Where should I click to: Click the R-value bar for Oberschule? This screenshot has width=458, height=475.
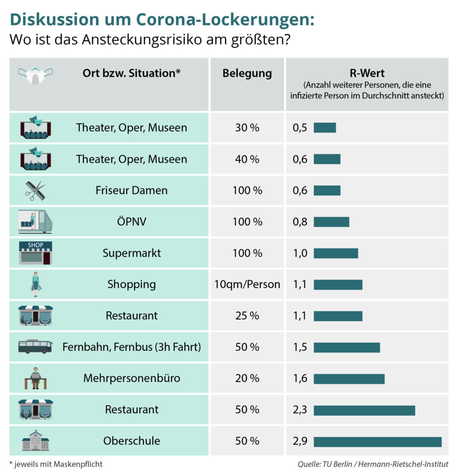(x=377, y=442)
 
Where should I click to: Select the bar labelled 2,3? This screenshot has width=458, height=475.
(x=364, y=410)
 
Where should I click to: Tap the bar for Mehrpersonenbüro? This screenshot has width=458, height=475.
(x=349, y=379)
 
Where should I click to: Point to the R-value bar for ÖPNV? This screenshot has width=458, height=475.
(x=331, y=222)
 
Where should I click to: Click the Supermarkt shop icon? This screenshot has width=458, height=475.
(x=35, y=253)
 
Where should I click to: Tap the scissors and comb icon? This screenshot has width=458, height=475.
(x=35, y=190)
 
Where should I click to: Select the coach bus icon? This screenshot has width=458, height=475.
(x=35, y=347)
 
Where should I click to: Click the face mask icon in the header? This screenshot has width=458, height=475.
(x=35, y=75)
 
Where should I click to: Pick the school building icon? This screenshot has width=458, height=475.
(x=35, y=441)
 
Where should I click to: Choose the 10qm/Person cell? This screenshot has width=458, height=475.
(x=247, y=284)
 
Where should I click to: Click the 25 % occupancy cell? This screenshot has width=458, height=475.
(x=247, y=316)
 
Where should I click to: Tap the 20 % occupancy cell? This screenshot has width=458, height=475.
(x=247, y=379)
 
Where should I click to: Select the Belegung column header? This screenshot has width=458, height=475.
(x=247, y=73)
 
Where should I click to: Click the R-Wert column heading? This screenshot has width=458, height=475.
(x=367, y=73)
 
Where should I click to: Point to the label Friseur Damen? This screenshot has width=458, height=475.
(x=131, y=190)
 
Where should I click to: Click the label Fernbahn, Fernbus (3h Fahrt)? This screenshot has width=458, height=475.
(x=131, y=347)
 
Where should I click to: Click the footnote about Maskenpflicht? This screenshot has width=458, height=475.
(x=56, y=464)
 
